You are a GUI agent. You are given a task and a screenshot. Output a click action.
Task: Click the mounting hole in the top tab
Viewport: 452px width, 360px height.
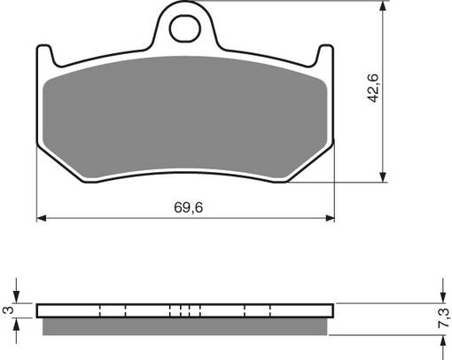click(185, 30)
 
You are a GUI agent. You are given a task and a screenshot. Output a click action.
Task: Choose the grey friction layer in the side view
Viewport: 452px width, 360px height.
click(185, 327)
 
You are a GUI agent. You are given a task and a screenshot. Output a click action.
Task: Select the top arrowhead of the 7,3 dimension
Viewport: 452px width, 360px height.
click(440, 297)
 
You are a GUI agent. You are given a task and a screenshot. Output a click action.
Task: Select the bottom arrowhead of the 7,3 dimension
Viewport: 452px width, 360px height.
click(440, 341)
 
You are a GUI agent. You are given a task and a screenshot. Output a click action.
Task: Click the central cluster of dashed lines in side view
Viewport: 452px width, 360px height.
click(185, 310)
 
